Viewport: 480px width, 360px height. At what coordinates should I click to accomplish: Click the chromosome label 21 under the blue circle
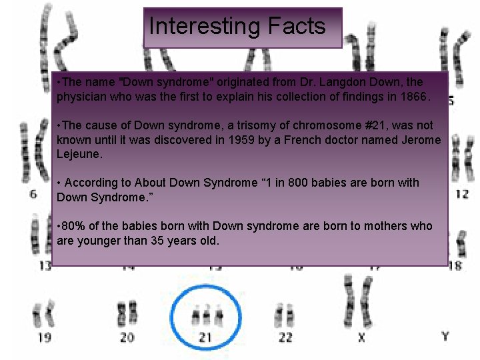pos(205,338)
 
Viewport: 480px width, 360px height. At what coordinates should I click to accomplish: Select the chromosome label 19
pos(44,337)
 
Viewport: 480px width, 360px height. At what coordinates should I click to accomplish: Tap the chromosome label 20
pos(127,337)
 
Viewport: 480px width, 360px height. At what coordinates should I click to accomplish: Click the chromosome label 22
pos(285,337)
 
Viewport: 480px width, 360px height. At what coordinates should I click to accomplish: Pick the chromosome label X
pos(361,337)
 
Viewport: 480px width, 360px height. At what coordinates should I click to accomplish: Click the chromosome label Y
pos(445,336)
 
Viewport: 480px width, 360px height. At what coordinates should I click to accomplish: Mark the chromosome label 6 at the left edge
pos(34,194)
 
